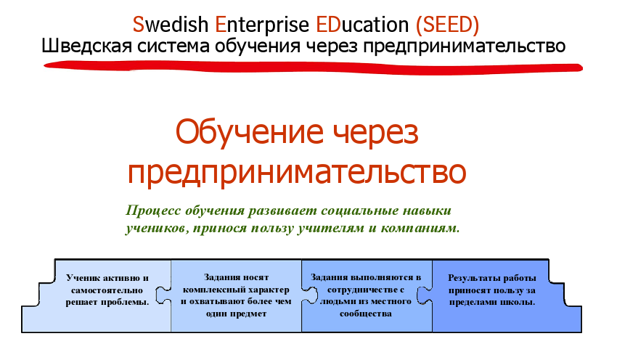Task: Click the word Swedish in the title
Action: (171, 25)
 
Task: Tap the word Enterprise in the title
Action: (262, 25)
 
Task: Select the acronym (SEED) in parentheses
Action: (447, 25)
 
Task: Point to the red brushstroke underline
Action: (313, 67)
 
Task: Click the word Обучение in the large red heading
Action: (249, 132)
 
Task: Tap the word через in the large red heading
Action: (376, 134)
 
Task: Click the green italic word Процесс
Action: (153, 211)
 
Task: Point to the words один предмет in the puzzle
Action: (236, 314)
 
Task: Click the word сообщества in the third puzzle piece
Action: (366, 314)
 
